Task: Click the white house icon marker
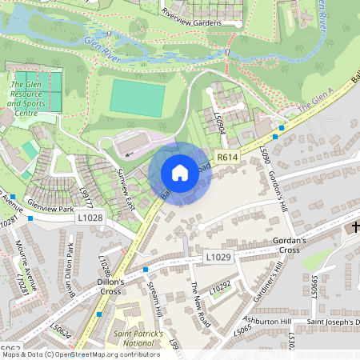[180, 172]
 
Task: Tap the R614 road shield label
[229, 158]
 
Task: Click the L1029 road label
[218, 257]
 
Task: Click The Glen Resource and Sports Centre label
[26, 98]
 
